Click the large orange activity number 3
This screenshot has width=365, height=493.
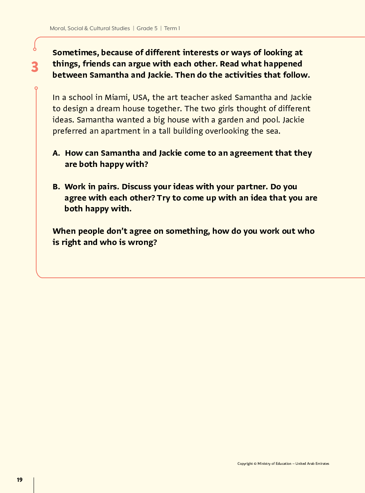tap(35, 67)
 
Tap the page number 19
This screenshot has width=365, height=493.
tap(20, 480)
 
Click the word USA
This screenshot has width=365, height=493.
tap(140, 97)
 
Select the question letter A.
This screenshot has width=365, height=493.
tap(56, 153)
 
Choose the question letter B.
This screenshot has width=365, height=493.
tap(56, 187)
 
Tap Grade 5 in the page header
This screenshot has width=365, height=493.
tap(147, 28)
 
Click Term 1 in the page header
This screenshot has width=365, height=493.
tap(172, 28)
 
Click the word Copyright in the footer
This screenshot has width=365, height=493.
tap(245, 464)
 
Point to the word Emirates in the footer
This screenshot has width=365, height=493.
tap(322, 464)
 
